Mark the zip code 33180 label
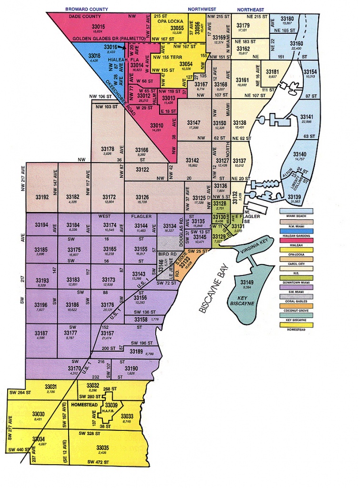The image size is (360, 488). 287,18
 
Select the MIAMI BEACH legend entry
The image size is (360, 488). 296,216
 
